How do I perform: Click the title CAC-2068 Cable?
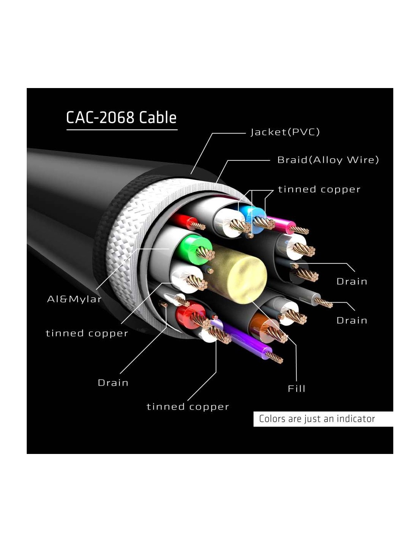click(x=121, y=117)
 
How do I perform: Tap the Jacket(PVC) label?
click(x=285, y=132)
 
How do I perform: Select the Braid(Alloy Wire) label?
click(x=328, y=160)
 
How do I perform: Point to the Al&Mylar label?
click(x=74, y=299)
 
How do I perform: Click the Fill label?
click(x=296, y=388)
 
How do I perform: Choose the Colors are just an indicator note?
click(x=317, y=419)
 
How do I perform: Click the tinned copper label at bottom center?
click(x=188, y=407)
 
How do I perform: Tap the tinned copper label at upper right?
click(x=319, y=189)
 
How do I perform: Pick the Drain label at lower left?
click(x=113, y=383)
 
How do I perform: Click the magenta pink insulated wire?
click(x=281, y=223)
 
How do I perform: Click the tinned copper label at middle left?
click(x=87, y=334)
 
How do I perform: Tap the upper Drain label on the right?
click(x=352, y=282)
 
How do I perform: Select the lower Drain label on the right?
click(x=352, y=321)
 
